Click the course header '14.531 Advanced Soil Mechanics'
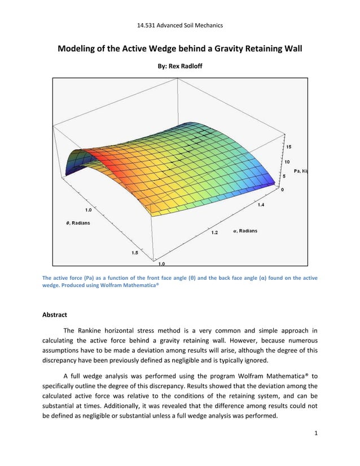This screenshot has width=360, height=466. coord(180,25)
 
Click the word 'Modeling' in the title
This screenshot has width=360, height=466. coord(81,49)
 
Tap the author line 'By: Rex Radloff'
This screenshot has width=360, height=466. coord(180,66)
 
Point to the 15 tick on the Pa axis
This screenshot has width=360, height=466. coord(288,147)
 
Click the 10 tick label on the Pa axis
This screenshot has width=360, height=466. coord(288,161)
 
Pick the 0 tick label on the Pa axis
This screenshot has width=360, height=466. coord(283,190)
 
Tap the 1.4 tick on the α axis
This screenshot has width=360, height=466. coord(261,205)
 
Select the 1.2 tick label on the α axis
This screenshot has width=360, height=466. coord(214,232)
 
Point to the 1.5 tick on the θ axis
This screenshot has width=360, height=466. coord(135,253)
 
